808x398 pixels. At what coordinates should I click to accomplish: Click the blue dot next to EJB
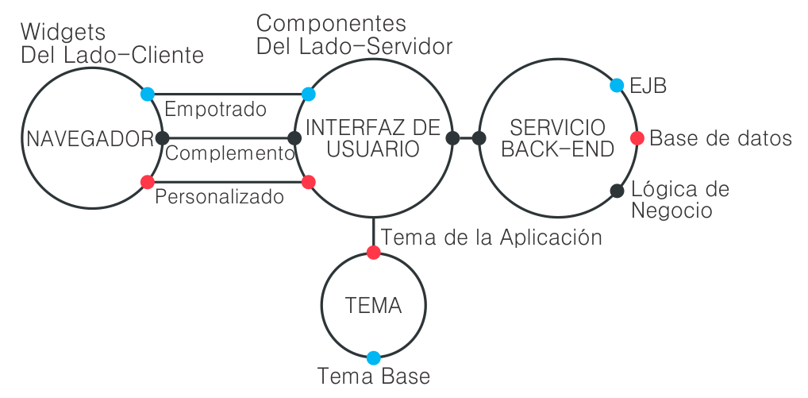coord(617,85)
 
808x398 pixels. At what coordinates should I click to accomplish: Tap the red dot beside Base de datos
coord(637,137)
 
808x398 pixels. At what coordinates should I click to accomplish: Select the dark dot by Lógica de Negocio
coord(617,190)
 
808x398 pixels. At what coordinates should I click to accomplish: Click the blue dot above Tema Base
coord(373,357)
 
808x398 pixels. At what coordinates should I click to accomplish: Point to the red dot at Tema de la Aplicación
coord(373,253)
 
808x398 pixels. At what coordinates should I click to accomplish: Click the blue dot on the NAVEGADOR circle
coord(147,94)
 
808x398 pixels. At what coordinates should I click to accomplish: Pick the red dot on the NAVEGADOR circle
coord(147,182)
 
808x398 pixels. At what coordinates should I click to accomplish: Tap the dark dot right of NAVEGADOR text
coord(162,137)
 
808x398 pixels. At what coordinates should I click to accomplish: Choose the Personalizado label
coord(219,196)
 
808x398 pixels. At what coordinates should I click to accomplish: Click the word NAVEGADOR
coord(89,139)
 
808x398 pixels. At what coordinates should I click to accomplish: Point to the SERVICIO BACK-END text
coord(558,138)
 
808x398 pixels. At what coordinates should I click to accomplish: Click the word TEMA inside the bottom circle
coord(373,306)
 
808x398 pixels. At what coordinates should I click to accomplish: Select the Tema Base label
coord(373,376)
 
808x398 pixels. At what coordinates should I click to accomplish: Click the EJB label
coord(648,86)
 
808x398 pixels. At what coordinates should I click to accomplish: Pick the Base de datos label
coord(721,138)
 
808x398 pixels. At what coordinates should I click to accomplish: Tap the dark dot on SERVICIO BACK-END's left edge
coord(479,137)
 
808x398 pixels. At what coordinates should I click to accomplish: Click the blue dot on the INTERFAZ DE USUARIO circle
coord(309,94)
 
